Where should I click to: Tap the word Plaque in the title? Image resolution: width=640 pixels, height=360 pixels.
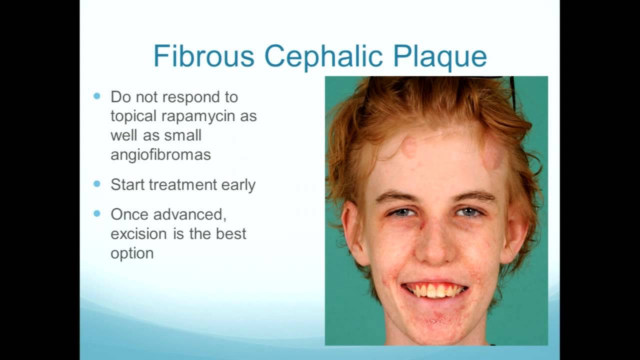pos(439,57)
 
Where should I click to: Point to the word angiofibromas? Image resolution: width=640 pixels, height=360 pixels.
pos(160,155)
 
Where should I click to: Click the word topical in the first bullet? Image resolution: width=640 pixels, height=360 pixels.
pos(133,116)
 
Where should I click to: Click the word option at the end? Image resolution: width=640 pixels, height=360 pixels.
pos(132,253)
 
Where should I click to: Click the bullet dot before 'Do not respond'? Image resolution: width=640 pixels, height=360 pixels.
pos(97,96)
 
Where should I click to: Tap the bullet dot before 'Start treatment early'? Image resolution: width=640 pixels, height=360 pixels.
pos(97,184)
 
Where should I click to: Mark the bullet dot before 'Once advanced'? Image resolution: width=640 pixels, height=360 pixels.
pos(97,213)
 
